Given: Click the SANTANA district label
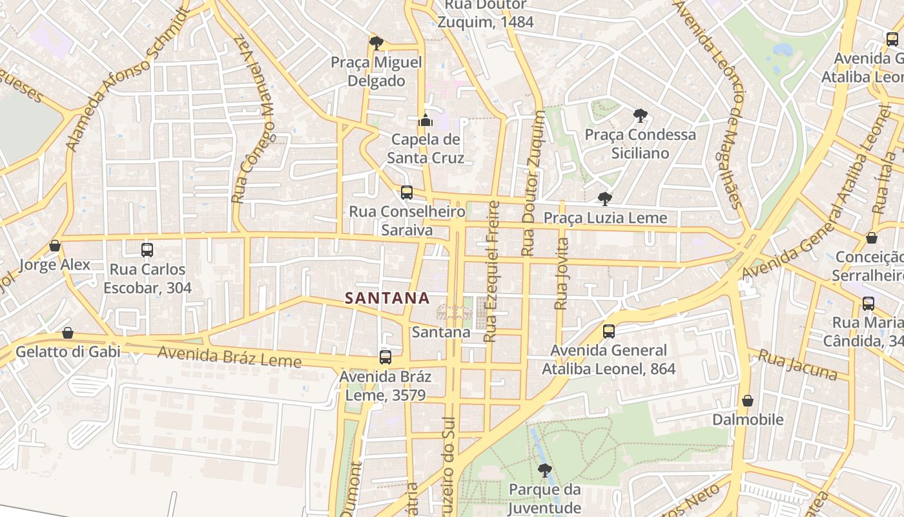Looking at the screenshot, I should (387, 298).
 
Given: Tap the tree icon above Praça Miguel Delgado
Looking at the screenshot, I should (376, 43).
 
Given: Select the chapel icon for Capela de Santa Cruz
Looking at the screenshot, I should (425, 120).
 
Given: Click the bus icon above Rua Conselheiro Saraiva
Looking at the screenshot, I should (406, 193).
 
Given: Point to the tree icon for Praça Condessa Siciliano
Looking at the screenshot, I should (640, 116).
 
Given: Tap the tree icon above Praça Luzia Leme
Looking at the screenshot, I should (604, 198).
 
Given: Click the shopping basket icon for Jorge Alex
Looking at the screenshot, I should (55, 246).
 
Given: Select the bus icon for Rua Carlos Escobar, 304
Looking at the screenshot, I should (147, 250).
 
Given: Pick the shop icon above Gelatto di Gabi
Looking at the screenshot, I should (68, 333).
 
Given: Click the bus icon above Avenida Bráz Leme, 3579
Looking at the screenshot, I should (385, 357).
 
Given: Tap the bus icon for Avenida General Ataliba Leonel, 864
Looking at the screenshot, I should (608, 332).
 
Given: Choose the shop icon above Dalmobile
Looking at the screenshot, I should (748, 401).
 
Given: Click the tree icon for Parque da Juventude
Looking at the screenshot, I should (544, 470).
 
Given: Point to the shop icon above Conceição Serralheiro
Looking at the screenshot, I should (871, 238).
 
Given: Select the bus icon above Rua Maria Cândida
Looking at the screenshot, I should (868, 303).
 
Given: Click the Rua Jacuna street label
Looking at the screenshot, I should (797, 366).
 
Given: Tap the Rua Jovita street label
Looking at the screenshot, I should (562, 273).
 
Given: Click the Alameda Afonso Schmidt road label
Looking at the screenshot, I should (128, 81).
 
